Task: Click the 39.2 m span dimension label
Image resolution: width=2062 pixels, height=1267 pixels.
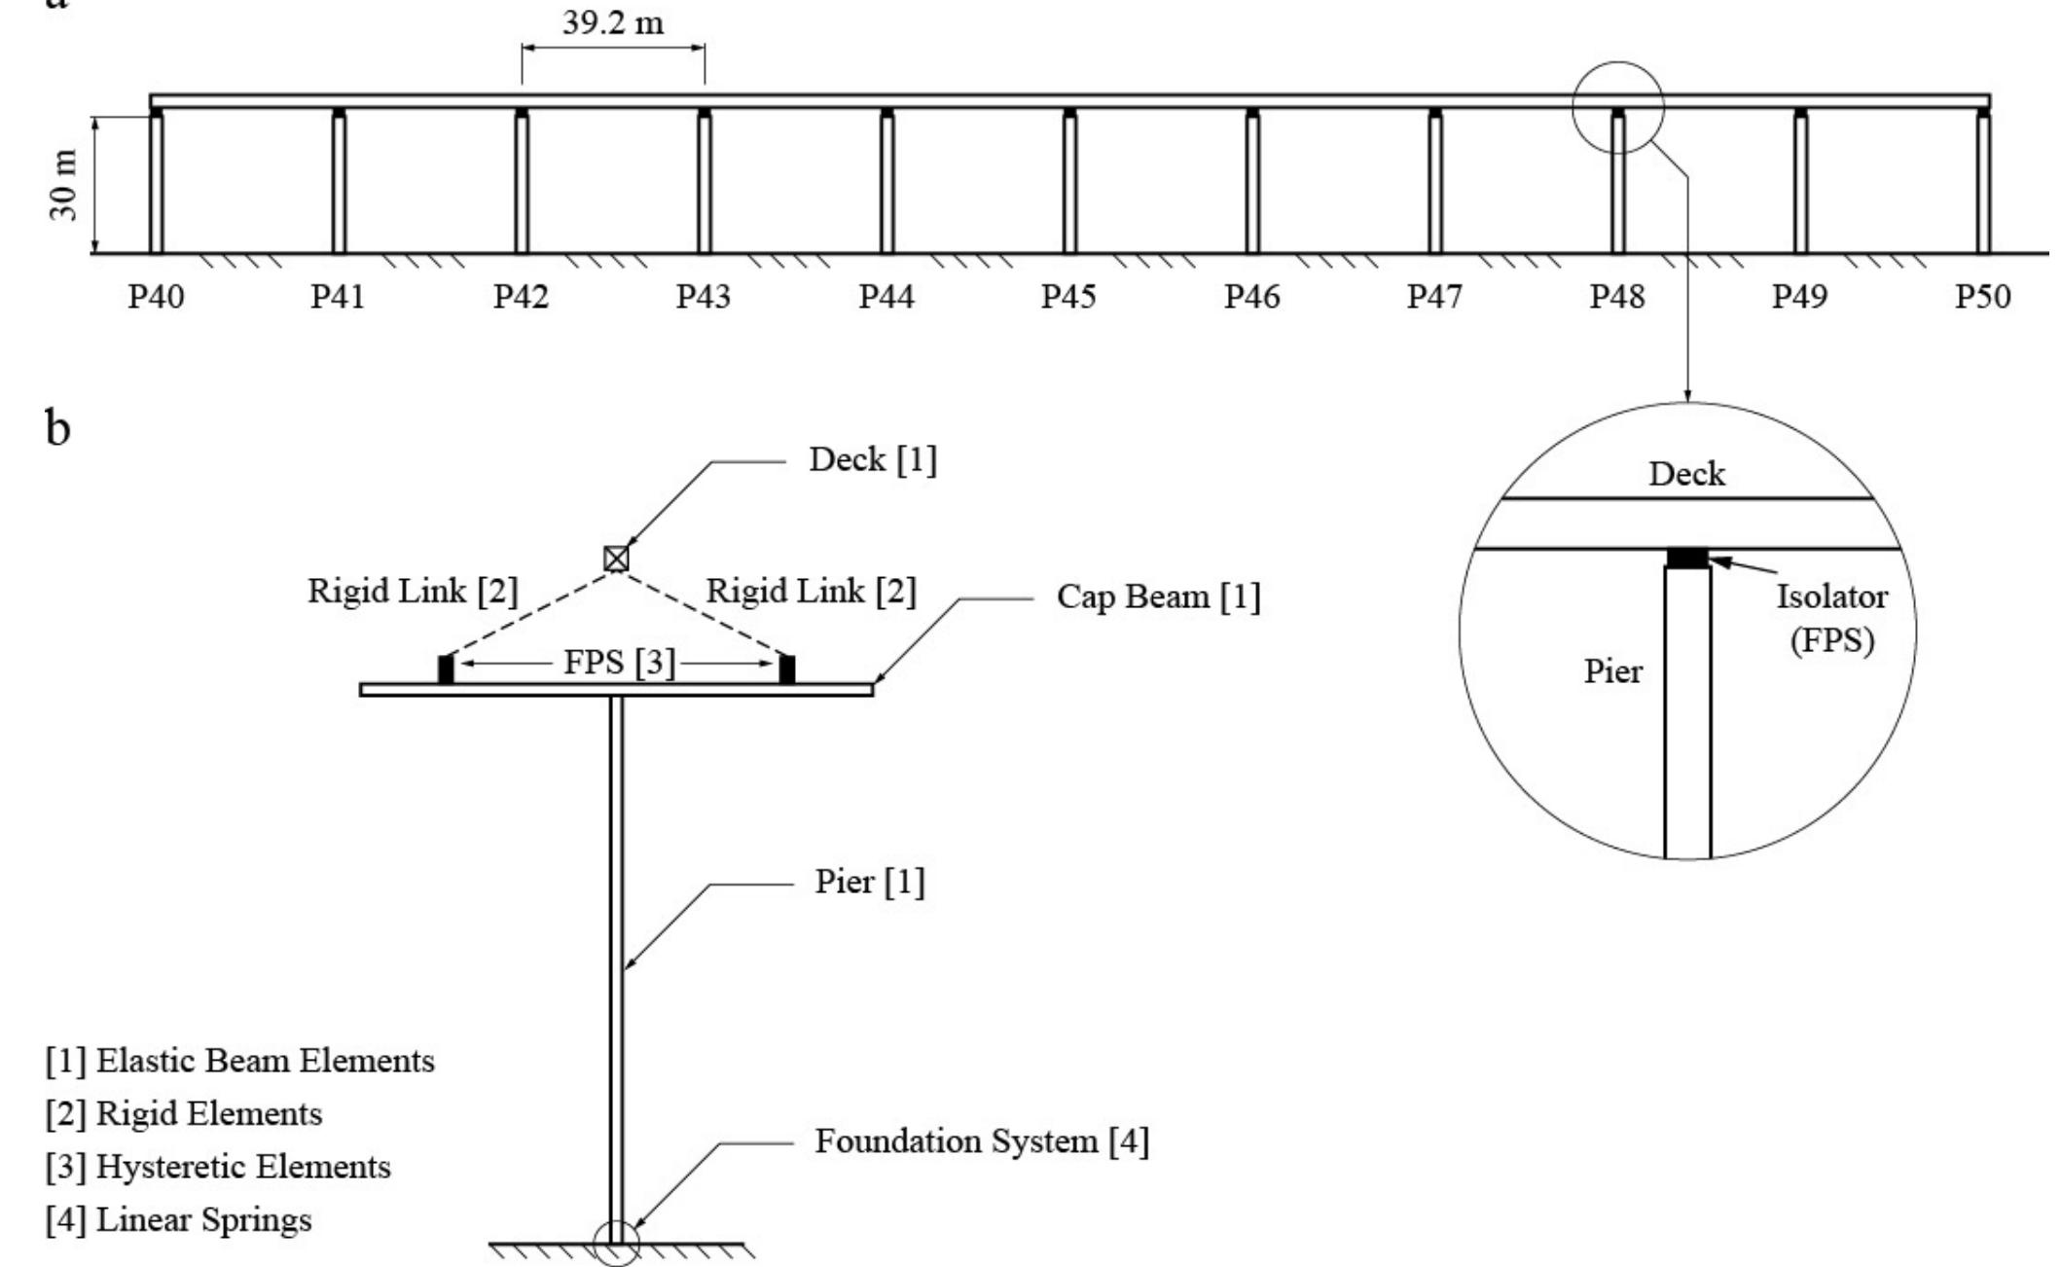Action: click(x=613, y=22)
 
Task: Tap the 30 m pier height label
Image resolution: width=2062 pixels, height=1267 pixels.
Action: click(x=63, y=185)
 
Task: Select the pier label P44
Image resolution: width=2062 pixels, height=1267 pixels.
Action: click(x=886, y=296)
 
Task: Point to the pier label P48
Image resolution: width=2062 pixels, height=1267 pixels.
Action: click(x=1616, y=296)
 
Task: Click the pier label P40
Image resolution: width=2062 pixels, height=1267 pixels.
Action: click(x=156, y=296)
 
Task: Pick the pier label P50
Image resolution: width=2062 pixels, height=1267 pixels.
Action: click(x=1982, y=296)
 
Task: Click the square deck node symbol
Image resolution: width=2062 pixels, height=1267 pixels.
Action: click(x=616, y=559)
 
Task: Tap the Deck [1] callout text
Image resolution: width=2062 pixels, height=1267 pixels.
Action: click(x=872, y=459)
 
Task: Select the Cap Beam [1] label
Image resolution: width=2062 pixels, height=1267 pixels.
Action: click(x=1158, y=596)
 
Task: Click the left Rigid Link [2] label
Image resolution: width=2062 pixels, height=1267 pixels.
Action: click(x=413, y=591)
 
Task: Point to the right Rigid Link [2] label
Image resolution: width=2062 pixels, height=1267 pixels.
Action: click(x=811, y=591)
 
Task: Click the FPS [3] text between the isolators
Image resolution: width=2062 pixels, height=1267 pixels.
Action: click(x=619, y=663)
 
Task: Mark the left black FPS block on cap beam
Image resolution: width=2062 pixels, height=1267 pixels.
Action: click(x=446, y=670)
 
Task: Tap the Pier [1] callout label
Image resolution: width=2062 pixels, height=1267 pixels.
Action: click(x=869, y=882)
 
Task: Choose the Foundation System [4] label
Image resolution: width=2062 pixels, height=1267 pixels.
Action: click(x=981, y=1140)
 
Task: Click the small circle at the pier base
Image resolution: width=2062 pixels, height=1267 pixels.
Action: click(x=616, y=1244)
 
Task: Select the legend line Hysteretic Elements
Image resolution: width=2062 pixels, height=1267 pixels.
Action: click(x=219, y=1166)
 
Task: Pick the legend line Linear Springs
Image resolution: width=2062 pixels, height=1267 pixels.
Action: click(x=179, y=1219)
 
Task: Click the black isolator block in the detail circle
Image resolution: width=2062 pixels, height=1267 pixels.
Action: click(x=1687, y=558)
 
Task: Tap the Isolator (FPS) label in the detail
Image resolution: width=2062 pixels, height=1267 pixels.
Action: click(x=1831, y=618)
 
